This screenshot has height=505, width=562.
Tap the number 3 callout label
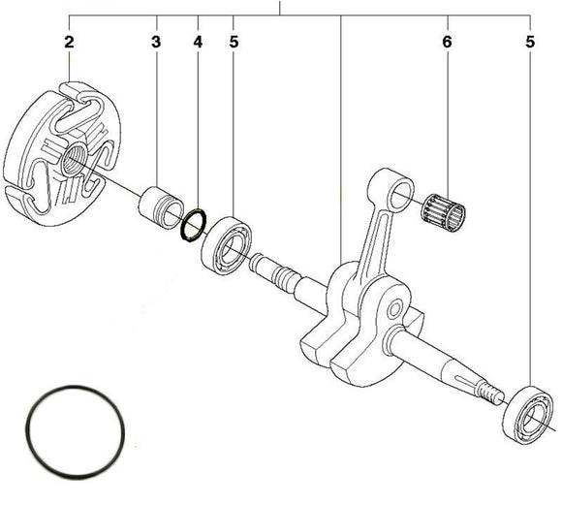click(155, 42)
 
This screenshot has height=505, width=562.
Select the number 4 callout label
click(197, 42)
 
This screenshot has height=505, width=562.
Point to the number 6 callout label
click(447, 42)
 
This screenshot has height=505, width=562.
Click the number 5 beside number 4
click(234, 42)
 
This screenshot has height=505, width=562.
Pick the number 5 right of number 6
click(530, 42)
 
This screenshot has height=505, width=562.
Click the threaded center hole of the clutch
click(74, 158)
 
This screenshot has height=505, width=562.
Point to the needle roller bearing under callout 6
click(444, 207)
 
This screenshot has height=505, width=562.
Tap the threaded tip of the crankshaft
click(493, 391)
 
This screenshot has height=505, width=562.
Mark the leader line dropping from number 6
click(447, 116)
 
